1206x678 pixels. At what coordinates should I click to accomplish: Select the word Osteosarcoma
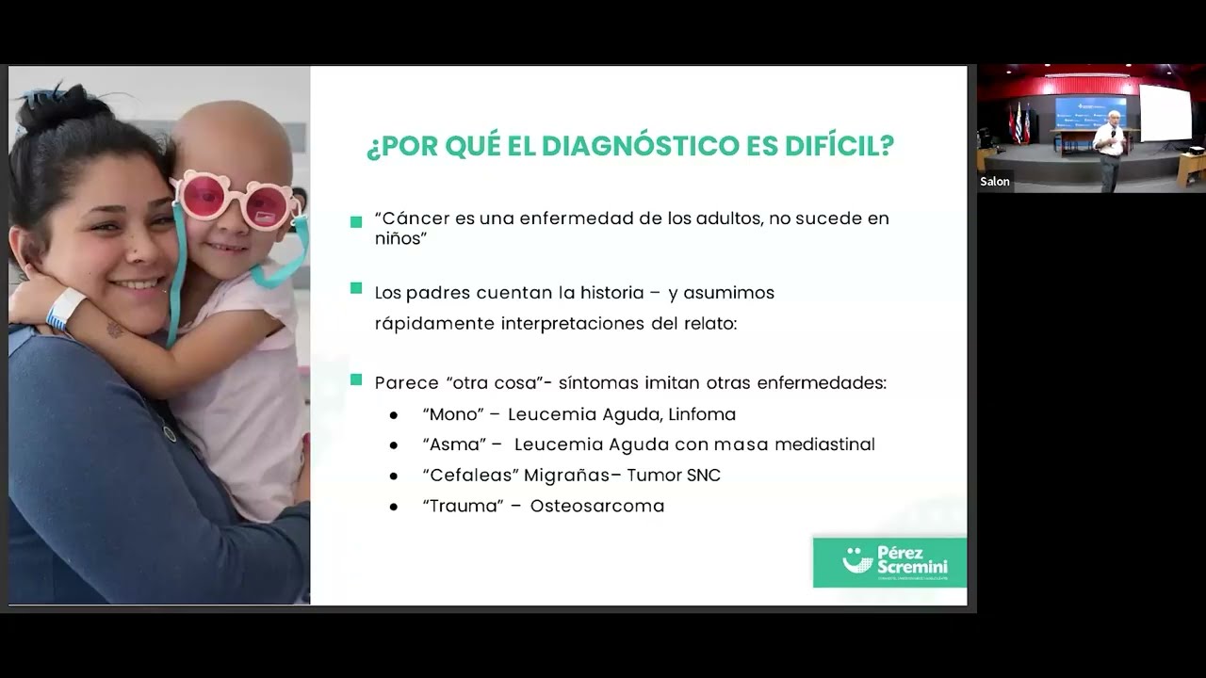[596, 507]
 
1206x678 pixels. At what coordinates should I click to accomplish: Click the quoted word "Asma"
[455, 444]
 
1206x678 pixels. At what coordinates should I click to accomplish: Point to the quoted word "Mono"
[453, 414]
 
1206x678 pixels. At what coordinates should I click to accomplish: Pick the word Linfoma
[702, 414]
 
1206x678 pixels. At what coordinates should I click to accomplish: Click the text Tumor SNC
[674, 476]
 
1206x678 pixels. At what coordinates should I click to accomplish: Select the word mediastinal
[824, 444]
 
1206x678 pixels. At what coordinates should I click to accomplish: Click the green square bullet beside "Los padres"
[356, 288]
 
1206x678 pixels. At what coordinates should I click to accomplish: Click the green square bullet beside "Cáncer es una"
[356, 222]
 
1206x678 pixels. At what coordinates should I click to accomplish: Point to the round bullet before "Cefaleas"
[394, 476]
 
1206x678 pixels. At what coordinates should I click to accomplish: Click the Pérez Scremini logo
[889, 562]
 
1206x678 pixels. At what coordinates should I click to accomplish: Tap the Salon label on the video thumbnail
[995, 182]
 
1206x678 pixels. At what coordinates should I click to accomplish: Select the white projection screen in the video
[1165, 113]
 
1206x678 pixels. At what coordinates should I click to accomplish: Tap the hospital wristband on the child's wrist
[65, 308]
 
